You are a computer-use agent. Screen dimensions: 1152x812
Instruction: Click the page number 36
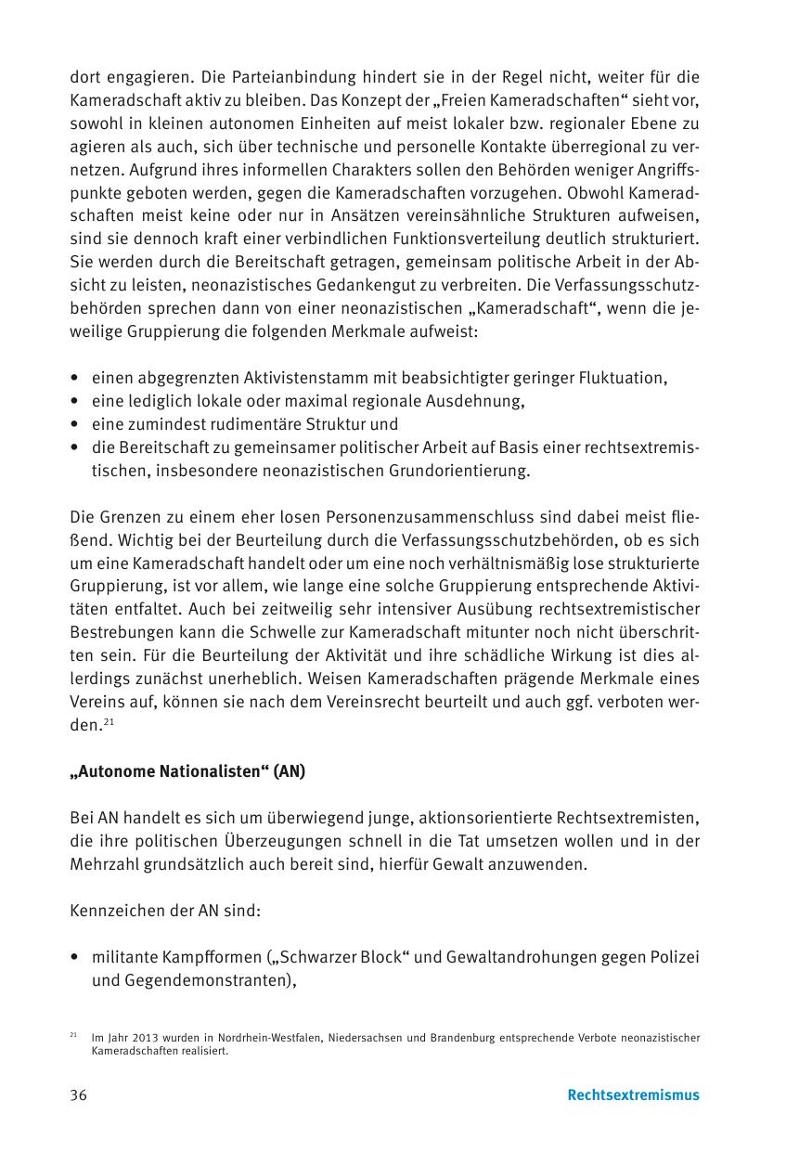pos(79,1095)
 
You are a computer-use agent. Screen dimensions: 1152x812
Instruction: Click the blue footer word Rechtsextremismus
pos(633,1095)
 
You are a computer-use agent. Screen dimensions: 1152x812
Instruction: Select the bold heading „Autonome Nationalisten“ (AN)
pos(187,771)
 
